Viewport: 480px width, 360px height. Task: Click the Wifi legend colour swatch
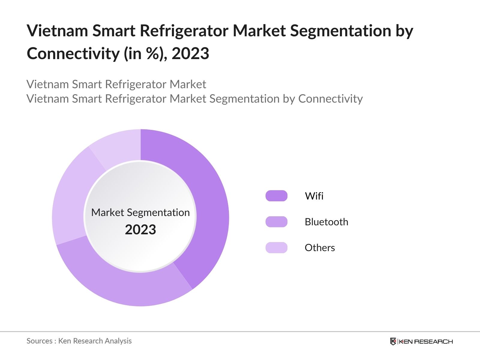(276, 196)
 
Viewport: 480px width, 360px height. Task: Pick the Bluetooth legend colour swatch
(276, 222)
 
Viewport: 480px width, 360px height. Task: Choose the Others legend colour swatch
(276, 247)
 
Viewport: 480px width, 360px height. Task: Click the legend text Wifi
(314, 196)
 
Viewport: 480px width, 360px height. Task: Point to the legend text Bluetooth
(326, 222)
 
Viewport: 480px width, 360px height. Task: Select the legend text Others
(320, 247)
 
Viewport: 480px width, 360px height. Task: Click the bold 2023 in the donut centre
(140, 229)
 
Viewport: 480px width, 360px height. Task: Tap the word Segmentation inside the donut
(158, 212)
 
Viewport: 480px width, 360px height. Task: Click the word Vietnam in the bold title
(57, 31)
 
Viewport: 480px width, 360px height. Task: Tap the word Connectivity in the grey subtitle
(330, 98)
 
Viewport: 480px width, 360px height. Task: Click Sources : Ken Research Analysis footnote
(79, 341)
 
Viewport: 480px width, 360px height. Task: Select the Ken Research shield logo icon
(393, 341)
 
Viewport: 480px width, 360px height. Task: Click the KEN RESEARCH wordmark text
(426, 341)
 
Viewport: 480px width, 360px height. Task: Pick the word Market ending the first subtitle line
(188, 84)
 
